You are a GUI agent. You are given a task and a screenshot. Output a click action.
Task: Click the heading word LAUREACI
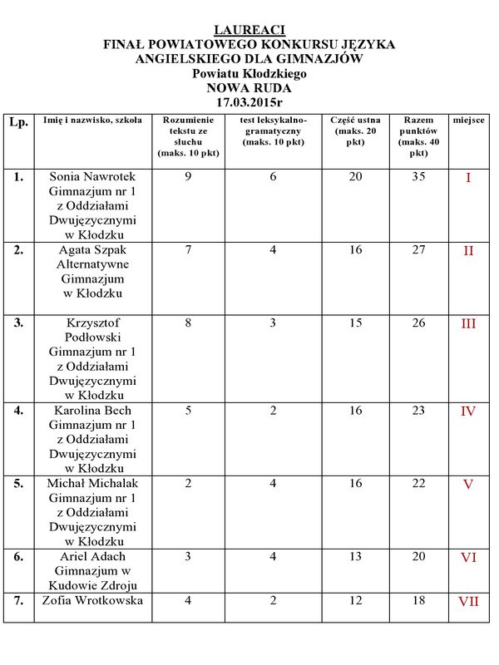(249, 30)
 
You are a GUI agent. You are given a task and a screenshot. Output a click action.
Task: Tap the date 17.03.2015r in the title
(249, 102)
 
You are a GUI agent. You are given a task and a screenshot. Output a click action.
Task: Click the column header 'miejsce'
(469, 121)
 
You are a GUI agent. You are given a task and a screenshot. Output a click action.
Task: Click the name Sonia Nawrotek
(92, 177)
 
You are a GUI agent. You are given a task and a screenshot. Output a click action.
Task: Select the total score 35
(419, 177)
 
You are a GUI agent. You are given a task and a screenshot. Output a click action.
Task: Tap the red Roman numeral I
(468, 178)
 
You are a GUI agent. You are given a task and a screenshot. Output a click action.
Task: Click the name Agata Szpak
(92, 249)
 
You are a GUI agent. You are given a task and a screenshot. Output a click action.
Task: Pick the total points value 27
(419, 249)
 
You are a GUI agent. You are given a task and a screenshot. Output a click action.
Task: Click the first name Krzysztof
(92, 323)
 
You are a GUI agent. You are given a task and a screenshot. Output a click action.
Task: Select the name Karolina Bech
(92, 410)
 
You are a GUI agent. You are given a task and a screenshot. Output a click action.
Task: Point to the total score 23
(419, 410)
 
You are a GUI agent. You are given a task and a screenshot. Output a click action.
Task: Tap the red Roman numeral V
(468, 484)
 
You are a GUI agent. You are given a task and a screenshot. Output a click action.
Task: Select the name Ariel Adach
(92, 556)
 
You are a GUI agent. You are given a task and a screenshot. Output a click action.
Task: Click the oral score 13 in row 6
(355, 556)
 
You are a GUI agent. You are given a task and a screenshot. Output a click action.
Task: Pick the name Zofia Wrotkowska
(92, 600)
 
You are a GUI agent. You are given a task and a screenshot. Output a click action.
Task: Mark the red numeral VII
(468, 601)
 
